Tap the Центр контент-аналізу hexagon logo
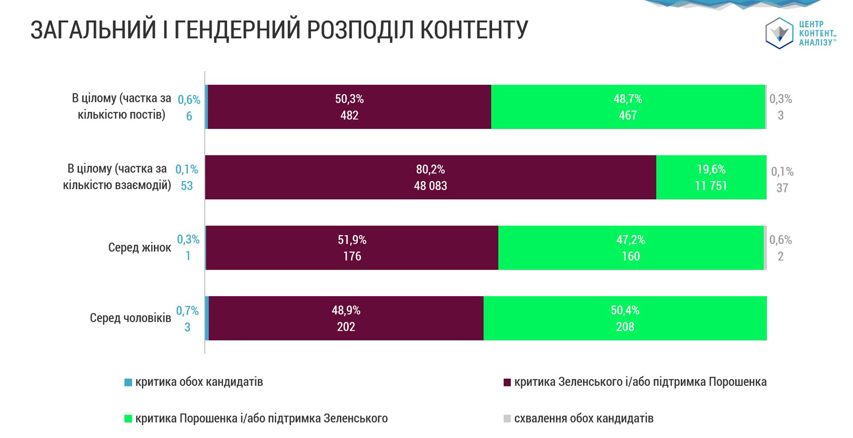click(779, 33)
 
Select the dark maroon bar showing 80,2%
click(430, 177)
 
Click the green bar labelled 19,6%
click(711, 177)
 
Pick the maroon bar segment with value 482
click(349, 107)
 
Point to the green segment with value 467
click(627, 107)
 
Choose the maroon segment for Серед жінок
click(352, 248)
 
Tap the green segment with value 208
click(625, 318)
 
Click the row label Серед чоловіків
click(130, 318)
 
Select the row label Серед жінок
click(140, 248)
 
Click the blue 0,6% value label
click(189, 100)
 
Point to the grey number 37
click(782, 188)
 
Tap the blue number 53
click(187, 186)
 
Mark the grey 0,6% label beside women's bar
click(780, 240)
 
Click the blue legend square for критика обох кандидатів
click(128, 383)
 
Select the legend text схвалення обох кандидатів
click(584, 418)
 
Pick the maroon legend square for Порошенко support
click(507, 383)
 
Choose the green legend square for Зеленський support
click(128, 419)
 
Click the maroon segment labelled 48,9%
click(346, 318)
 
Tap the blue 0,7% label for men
click(187, 311)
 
